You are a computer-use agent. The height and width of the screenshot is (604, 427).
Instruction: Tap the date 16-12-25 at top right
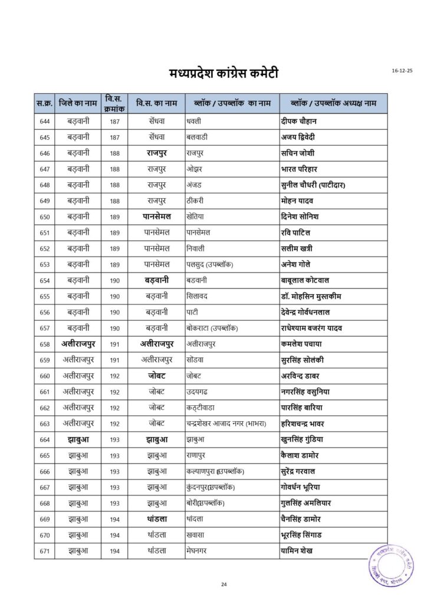click(x=402, y=71)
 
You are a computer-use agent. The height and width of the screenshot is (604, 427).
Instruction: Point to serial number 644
click(x=44, y=122)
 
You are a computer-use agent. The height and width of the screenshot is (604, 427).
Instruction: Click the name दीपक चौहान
click(x=299, y=122)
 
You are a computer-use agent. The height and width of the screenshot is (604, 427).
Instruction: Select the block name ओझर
click(x=195, y=169)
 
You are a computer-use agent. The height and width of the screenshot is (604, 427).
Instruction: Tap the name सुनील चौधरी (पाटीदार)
click(x=313, y=185)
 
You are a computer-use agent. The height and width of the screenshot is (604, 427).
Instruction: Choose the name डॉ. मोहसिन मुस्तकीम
click(x=311, y=296)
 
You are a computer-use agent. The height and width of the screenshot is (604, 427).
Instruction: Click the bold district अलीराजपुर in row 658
click(x=78, y=344)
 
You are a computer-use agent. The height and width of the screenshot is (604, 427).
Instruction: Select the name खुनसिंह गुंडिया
click(x=302, y=439)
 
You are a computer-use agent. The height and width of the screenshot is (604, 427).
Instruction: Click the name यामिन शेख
click(x=297, y=551)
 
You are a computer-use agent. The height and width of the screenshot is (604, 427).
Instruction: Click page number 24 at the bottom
click(x=224, y=584)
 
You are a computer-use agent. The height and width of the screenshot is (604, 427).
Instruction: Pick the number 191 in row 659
click(x=114, y=360)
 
